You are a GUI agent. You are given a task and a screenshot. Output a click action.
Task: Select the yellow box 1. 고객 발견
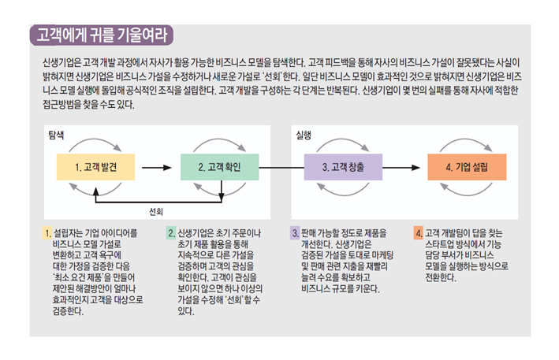coord(93,167)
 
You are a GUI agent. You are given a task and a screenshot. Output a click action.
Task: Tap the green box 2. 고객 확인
coord(215,167)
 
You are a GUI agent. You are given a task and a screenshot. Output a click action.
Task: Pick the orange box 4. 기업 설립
coord(466,167)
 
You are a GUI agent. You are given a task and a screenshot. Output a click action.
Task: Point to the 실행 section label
coord(303,135)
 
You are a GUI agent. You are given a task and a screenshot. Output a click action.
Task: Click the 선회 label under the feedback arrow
coord(155,211)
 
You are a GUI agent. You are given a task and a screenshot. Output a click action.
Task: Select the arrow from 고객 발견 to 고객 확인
coord(151,167)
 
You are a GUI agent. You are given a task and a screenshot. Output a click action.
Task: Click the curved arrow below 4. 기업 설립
coord(466,191)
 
